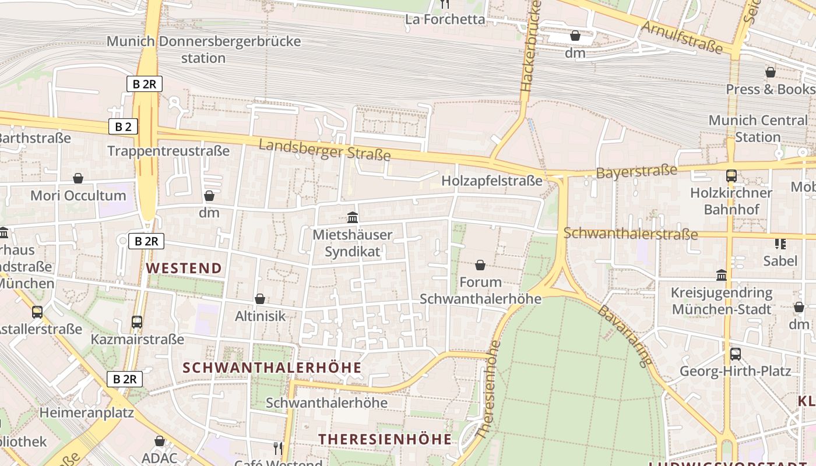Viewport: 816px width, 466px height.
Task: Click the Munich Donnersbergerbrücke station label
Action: pos(203,50)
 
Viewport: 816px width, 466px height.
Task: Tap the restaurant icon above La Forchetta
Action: pos(445,4)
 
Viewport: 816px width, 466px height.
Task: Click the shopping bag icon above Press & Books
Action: pos(771,72)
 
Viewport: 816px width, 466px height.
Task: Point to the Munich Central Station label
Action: pos(758,129)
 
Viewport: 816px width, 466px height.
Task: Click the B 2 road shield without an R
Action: pos(123,126)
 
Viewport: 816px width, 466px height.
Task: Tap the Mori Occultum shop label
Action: pos(78,195)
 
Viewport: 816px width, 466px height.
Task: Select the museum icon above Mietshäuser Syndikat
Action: pos(353,218)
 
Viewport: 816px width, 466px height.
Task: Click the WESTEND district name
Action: pos(184,268)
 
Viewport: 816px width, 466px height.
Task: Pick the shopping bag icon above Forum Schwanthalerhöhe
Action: pos(480,266)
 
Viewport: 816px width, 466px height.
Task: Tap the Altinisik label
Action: pos(260,316)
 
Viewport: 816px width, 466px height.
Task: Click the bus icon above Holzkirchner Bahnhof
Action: pos(731,175)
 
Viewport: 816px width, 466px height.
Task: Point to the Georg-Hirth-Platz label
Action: pos(736,371)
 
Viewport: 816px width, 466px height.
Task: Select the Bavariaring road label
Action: pos(624,336)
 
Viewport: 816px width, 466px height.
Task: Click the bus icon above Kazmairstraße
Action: pos(137,322)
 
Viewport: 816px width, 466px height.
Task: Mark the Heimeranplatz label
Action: pos(86,413)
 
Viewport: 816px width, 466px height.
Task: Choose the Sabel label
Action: pos(780,260)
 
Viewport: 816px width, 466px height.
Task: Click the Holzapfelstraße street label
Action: pos(491,181)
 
